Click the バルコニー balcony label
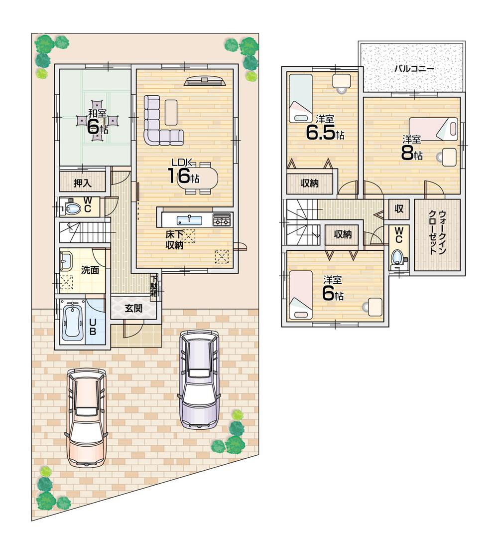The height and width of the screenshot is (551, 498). click(414, 69)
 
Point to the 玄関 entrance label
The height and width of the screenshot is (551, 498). click(133, 308)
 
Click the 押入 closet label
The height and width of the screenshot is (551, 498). click(83, 183)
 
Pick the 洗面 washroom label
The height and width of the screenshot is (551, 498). click(90, 270)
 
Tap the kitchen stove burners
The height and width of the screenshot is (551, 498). click(222, 219)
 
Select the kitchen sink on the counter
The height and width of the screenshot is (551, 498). click(189, 219)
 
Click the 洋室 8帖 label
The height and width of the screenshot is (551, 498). click(412, 148)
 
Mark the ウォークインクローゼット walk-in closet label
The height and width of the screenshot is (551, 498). click(436, 235)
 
